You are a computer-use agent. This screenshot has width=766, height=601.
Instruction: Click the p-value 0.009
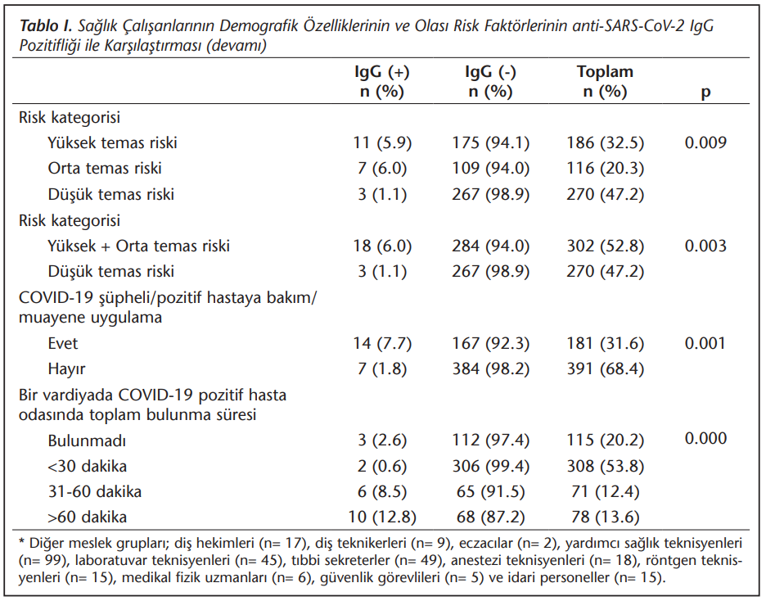pos(705,142)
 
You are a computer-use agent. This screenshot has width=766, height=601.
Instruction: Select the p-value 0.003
pos(705,246)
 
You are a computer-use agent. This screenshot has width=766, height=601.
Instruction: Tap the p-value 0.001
pos(705,343)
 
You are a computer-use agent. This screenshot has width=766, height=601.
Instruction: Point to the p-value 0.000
pos(705,438)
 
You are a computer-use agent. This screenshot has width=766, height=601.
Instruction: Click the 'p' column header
pos(705,93)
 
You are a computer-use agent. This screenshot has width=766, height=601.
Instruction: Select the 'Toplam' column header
pos(605,72)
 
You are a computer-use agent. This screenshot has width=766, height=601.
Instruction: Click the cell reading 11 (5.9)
pos(382,142)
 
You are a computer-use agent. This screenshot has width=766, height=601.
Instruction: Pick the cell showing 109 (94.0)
pos(490,169)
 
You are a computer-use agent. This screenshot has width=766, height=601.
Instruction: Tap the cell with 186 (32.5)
pos(606,142)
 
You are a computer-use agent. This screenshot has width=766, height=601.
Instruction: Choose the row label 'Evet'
pos(62,343)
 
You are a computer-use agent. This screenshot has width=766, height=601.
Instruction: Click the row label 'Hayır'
pos(66,369)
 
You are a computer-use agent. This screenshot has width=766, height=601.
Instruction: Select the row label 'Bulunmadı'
pos(87,441)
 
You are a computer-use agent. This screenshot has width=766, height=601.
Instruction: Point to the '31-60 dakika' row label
pos(95,491)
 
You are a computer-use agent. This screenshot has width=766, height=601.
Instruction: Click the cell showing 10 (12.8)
pos(382,517)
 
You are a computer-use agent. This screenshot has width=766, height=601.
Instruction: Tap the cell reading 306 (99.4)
pos(490,466)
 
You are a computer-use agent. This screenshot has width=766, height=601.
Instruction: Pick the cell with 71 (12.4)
pos(606,491)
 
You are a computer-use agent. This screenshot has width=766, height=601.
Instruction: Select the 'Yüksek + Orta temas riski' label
pos(139,246)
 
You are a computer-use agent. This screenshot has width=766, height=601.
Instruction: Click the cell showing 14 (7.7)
pos(382,343)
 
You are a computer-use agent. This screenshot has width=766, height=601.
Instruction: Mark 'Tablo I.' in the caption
pos(46,26)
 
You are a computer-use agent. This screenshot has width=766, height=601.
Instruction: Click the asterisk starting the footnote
pos(21,541)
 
